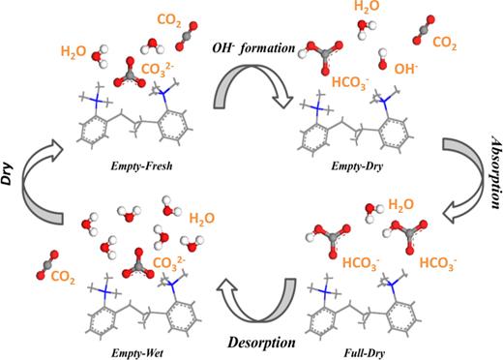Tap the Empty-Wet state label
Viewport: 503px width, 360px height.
(115, 343)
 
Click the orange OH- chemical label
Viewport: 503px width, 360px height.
(405, 71)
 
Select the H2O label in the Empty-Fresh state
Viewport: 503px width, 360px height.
(74, 50)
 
